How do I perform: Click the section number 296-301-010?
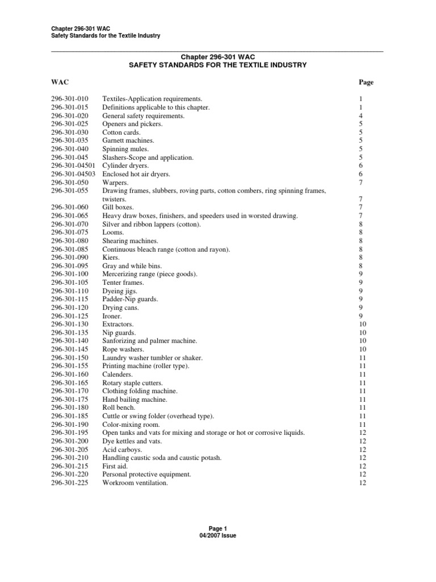pyautogui.click(x=70, y=99)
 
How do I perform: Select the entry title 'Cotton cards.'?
pyautogui.click(x=121, y=132)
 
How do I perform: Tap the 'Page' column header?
pyautogui.click(x=366, y=82)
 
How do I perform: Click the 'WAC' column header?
pyautogui.click(x=60, y=82)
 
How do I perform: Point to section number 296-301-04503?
pyautogui.click(x=73, y=174)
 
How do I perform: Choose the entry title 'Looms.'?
pyautogui.click(x=112, y=232)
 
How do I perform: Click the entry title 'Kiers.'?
pyautogui.click(x=111, y=257)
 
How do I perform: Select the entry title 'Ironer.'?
pyautogui.click(x=112, y=315)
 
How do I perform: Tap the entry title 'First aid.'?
pyautogui.click(x=115, y=466)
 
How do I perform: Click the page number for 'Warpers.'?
pyautogui.click(x=361, y=182)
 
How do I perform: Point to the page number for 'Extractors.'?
pyautogui.click(x=363, y=324)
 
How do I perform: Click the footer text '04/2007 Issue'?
pyautogui.click(x=217, y=536)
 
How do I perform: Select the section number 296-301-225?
pyautogui.click(x=70, y=483)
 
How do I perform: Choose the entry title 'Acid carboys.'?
pyautogui.click(x=122, y=450)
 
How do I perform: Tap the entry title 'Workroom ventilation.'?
pyautogui.click(x=135, y=483)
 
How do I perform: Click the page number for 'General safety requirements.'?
pyautogui.click(x=361, y=116)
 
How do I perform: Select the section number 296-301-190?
pyautogui.click(x=70, y=425)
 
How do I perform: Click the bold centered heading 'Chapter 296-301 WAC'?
pyautogui.click(x=217, y=57)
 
